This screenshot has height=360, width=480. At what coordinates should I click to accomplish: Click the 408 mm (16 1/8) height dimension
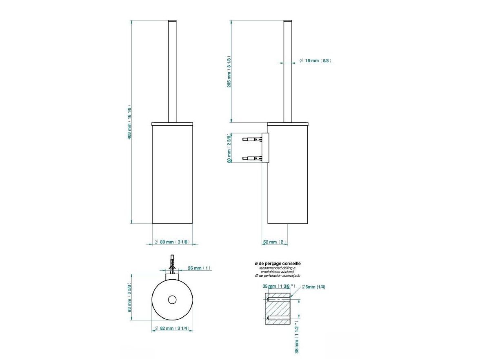point(129,122)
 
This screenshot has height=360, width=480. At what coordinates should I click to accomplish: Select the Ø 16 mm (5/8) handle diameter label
point(315,60)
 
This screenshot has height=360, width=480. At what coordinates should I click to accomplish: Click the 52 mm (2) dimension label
point(274,242)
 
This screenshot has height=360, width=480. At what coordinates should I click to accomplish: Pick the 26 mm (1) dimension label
point(199,268)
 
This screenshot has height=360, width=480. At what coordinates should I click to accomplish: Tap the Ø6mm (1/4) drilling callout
point(314,287)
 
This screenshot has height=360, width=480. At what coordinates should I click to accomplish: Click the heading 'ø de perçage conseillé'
point(278,264)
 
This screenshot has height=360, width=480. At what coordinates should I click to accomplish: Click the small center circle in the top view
point(172,300)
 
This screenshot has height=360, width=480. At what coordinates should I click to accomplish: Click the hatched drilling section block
point(278,309)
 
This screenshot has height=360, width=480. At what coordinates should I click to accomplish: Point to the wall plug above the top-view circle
point(172,265)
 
